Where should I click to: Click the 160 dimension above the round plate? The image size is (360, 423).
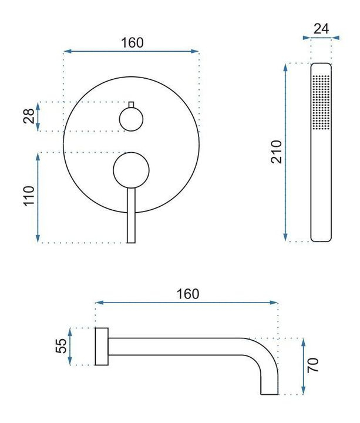click(x=132, y=43)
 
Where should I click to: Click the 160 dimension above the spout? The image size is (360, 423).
click(x=187, y=294)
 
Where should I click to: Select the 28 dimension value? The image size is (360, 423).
click(x=28, y=116)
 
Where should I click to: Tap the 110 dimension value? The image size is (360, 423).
click(x=28, y=197)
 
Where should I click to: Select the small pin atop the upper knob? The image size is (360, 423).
click(x=132, y=105)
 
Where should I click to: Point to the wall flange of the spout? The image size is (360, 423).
click(x=100, y=347)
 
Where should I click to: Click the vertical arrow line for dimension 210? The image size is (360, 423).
click(x=286, y=152)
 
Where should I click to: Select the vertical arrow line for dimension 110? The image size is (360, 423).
click(x=38, y=197)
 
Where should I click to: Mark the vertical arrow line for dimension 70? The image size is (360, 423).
click(x=303, y=366)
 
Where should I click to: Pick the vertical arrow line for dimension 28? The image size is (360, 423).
click(x=38, y=116)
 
